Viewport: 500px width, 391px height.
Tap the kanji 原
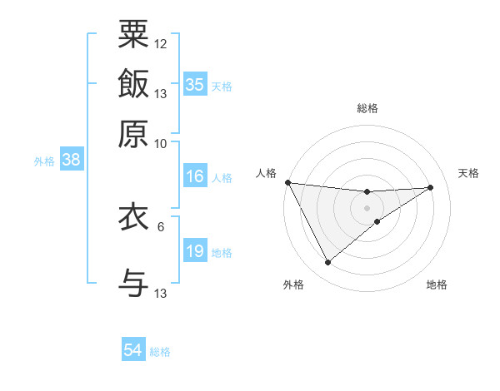(133, 133)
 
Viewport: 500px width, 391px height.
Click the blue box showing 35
(195, 85)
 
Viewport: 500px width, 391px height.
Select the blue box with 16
(195, 176)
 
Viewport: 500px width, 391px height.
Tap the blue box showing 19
(195, 251)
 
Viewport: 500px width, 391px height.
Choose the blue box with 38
(71, 161)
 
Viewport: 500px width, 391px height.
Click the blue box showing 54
(132, 350)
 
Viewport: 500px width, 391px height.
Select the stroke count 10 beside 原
(161, 143)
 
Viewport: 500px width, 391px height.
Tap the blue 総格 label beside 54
(160, 352)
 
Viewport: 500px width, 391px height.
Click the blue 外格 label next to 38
(44, 161)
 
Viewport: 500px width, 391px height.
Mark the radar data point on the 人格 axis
(287, 182)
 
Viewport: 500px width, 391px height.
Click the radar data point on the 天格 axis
(431, 187)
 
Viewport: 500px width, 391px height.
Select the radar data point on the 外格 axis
(327, 263)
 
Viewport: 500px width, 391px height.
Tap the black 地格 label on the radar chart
(437, 285)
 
